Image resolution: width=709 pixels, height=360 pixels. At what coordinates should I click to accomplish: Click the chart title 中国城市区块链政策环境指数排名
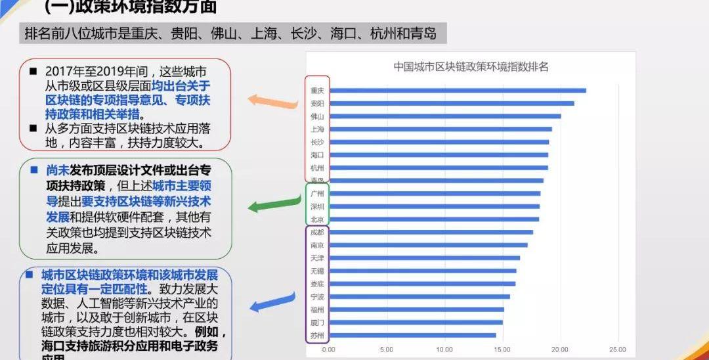point(471,66)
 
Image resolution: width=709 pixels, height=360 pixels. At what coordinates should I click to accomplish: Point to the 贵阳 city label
point(317,103)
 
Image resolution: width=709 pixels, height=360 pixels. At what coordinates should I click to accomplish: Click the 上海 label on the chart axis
point(317,129)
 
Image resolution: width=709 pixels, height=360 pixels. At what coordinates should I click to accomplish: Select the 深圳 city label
point(317,206)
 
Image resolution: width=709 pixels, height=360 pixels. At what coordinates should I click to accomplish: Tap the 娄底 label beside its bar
point(317,284)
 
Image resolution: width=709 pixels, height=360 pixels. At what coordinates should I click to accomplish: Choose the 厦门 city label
point(317,322)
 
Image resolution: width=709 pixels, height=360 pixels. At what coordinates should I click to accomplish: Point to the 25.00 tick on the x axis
point(618,349)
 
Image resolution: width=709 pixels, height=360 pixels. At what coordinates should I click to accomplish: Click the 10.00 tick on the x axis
point(444,349)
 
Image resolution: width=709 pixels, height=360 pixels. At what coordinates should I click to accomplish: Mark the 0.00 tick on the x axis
point(328,349)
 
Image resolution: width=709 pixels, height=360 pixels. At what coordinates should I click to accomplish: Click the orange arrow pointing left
point(270,101)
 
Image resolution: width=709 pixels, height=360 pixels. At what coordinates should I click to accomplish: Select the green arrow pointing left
point(270,205)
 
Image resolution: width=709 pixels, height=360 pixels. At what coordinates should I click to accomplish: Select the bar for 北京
point(433,219)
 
